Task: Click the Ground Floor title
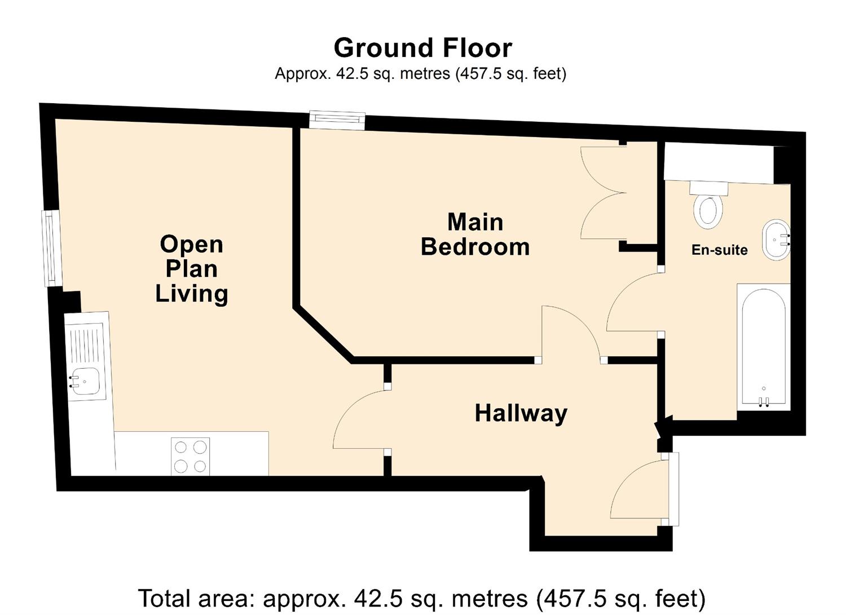tap(422, 48)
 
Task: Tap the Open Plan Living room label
tap(192, 269)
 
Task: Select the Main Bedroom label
tap(475, 235)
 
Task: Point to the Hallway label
tap(521, 413)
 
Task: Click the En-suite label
tap(719, 250)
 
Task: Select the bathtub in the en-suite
tap(763, 347)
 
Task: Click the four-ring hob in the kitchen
tap(190, 457)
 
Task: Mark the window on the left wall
tap(53, 248)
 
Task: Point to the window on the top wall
tap(337, 120)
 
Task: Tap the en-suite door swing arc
tap(632, 302)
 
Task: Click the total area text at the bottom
tap(422, 598)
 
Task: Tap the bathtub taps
tap(764, 401)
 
